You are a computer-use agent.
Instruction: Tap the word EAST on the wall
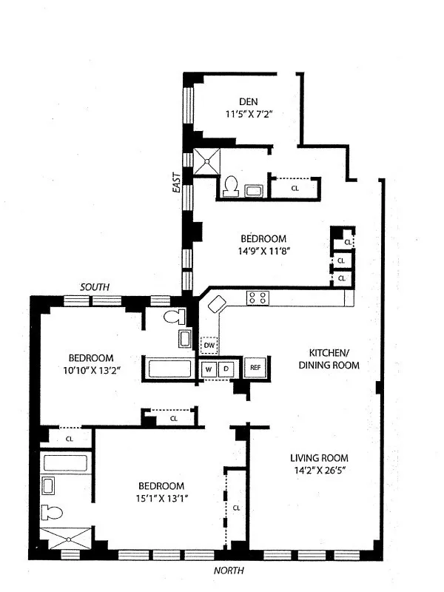click(x=177, y=183)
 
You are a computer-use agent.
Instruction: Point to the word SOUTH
click(x=95, y=287)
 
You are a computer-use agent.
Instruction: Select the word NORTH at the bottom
click(x=228, y=571)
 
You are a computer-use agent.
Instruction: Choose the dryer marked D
click(x=227, y=368)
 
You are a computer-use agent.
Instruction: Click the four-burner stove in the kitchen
click(x=258, y=297)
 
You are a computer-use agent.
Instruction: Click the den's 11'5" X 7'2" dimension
click(x=249, y=115)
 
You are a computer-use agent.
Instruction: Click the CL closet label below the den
click(x=295, y=189)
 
